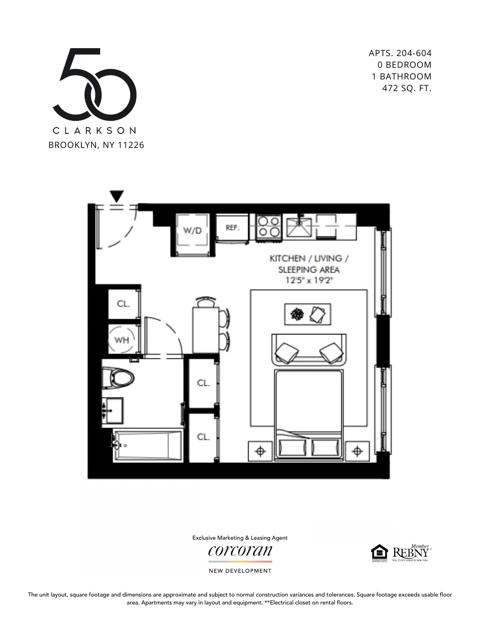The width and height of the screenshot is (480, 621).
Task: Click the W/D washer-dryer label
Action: click(192, 230)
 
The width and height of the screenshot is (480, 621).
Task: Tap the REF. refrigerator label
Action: click(232, 228)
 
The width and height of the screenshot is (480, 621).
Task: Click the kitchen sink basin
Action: click(299, 227)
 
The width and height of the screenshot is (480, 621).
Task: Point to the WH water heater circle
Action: click(122, 340)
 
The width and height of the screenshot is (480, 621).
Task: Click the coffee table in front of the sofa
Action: click(307, 314)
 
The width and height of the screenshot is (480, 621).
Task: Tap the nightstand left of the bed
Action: click(259, 451)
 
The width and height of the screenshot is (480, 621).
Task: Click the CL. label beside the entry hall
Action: click(123, 303)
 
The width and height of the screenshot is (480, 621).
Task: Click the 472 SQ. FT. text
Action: click(407, 88)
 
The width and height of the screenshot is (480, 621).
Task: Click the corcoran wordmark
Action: click(240, 551)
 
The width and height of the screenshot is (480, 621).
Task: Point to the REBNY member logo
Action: click(410, 553)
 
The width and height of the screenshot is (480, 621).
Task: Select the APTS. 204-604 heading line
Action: click(400, 53)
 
